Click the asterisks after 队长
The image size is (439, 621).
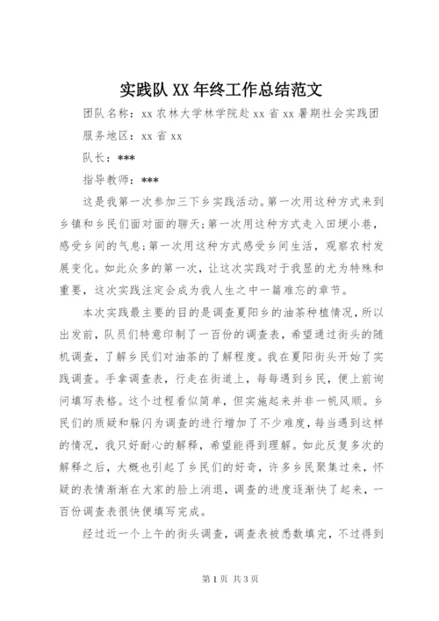[x=126, y=158]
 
